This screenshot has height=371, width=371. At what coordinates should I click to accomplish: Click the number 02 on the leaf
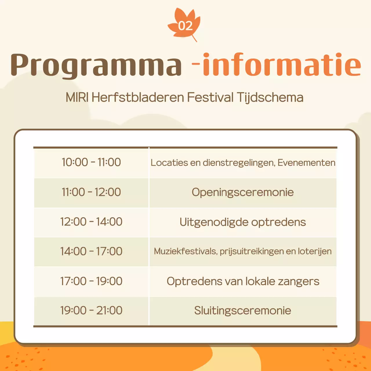[x=185, y=26]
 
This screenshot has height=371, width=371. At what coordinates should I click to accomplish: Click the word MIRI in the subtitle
[x=77, y=97]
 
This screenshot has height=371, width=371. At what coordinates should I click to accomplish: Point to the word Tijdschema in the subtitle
[x=270, y=97]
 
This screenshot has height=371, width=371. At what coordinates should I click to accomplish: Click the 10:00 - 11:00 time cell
[x=91, y=162]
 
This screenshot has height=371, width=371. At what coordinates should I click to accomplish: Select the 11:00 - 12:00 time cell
[x=91, y=192]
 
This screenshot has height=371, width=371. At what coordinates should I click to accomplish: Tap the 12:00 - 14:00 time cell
[x=91, y=222]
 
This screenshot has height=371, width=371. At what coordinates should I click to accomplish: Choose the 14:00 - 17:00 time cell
[x=91, y=251]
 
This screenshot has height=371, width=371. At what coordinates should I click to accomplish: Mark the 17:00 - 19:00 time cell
[x=91, y=281]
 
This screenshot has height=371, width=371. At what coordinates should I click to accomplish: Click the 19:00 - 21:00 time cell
[x=91, y=310]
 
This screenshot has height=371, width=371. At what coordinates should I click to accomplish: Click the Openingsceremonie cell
[x=243, y=192]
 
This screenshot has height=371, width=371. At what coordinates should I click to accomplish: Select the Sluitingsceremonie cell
[x=243, y=311]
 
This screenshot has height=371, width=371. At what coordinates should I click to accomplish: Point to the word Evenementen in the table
[x=306, y=163]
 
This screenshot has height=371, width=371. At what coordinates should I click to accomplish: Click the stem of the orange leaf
[x=194, y=39]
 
